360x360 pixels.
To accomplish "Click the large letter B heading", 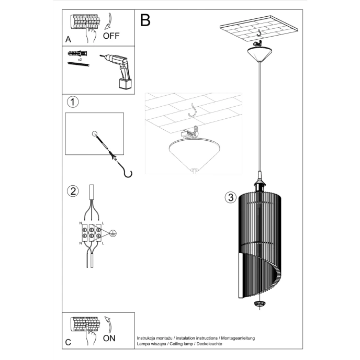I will click(145, 20).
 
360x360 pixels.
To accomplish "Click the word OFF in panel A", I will click(112, 36).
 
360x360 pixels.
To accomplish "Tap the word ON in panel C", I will click(109, 338).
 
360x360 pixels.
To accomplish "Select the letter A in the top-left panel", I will click(69, 39).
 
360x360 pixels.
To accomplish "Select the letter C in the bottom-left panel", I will click(69, 343).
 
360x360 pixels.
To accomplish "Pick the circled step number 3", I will click(229, 197).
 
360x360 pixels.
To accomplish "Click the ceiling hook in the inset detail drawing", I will click(194, 110).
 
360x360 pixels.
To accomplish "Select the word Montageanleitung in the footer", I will click(239, 338).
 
